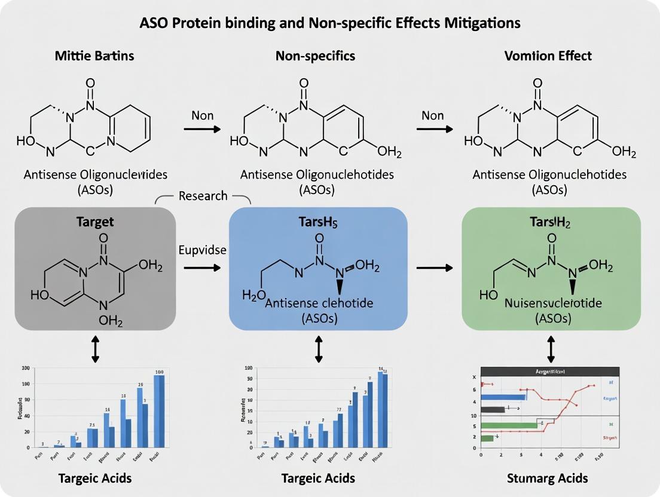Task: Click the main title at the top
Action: (x=329, y=23)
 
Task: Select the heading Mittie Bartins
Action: (x=95, y=56)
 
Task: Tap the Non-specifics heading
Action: (x=316, y=56)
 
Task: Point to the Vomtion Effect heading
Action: (x=548, y=56)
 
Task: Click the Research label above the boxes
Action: (x=203, y=196)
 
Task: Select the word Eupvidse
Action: (x=203, y=250)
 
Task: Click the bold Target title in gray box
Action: (x=95, y=222)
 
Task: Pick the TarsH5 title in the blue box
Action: (x=318, y=222)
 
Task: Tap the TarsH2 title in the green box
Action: (x=551, y=222)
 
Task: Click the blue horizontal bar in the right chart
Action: (x=503, y=397)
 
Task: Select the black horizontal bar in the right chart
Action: (x=493, y=409)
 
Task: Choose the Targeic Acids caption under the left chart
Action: (x=95, y=478)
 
